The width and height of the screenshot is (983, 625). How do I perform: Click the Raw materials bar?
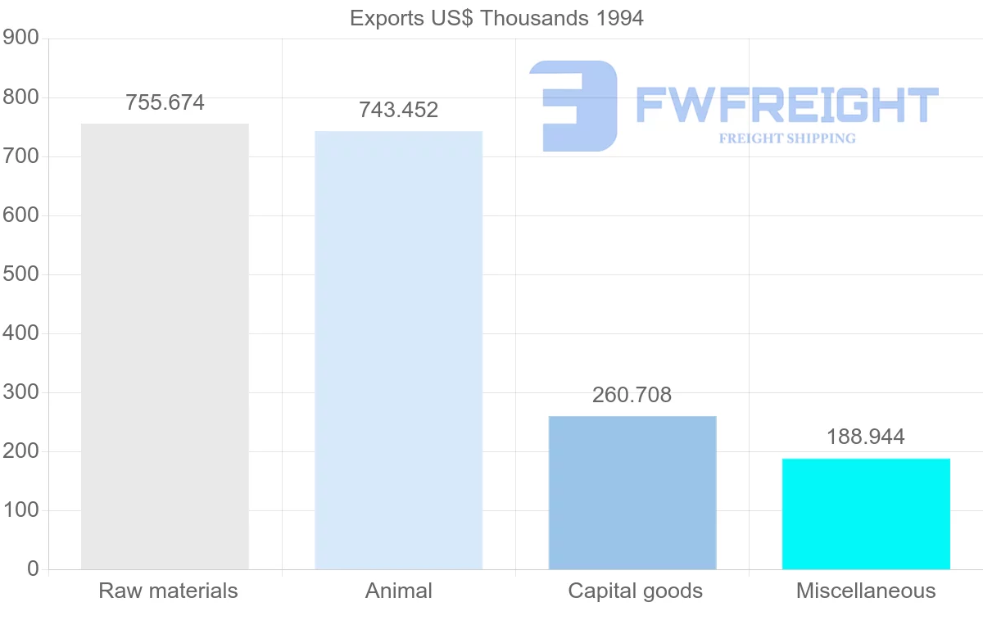click(x=165, y=346)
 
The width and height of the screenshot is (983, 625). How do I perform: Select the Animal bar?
click(x=399, y=350)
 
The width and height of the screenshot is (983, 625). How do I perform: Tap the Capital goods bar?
click(x=632, y=492)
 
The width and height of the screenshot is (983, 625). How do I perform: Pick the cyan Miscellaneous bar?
click(x=866, y=514)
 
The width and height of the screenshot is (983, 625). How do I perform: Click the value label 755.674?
click(x=165, y=103)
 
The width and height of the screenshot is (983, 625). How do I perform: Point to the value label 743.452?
click(x=399, y=110)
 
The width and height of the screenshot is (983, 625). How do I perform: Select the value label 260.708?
click(x=632, y=395)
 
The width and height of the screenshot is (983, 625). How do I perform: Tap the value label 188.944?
click(x=866, y=437)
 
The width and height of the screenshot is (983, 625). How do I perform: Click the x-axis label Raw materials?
click(x=168, y=591)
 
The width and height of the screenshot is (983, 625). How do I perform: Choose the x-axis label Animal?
click(x=399, y=591)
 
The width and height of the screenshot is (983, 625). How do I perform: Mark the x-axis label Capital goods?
click(x=635, y=591)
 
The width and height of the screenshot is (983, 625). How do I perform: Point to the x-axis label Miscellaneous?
click(x=866, y=591)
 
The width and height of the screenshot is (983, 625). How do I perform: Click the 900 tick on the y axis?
click(x=20, y=38)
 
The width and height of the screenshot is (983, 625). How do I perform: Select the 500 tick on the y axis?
click(x=20, y=274)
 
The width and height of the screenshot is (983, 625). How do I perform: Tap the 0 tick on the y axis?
click(x=33, y=569)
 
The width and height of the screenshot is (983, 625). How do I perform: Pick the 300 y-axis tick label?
click(x=20, y=392)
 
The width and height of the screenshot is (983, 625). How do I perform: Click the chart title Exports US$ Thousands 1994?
click(x=496, y=18)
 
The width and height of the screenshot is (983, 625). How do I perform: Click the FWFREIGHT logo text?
click(x=786, y=105)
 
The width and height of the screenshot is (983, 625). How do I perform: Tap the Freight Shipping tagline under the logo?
click(x=787, y=138)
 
